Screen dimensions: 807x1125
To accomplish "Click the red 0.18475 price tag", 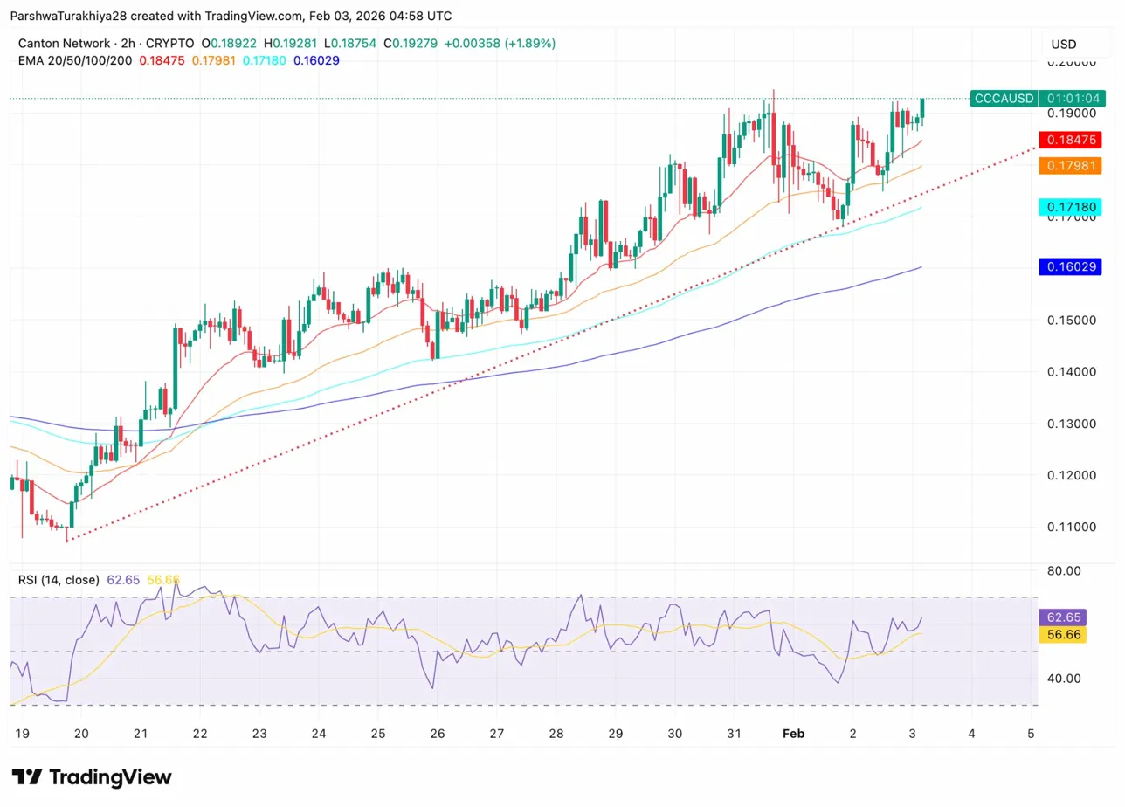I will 1062,140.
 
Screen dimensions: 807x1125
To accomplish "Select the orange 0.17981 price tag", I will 1062,165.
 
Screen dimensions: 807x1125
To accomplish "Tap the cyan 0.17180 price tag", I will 1062,207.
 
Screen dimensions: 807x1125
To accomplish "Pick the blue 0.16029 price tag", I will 1062,266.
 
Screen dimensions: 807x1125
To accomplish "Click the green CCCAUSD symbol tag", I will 1003,98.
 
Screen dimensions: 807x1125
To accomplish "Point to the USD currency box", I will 1063,45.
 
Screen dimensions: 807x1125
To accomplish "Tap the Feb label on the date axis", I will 793,734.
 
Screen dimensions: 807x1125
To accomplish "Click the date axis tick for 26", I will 438,734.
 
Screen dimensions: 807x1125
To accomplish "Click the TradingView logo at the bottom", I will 92,777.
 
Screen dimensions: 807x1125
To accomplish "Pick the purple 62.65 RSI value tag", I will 1062,617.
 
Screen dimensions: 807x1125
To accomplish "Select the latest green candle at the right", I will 923,108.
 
